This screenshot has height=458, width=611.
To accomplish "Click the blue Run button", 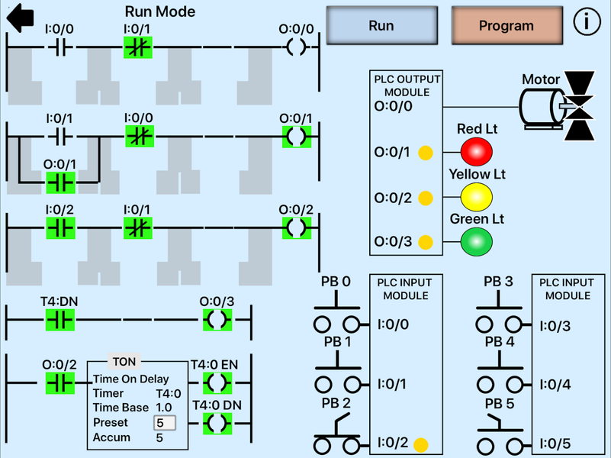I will click(x=381, y=26).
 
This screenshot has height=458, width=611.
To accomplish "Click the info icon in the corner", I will click(x=587, y=22).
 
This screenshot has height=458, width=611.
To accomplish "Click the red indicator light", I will click(x=477, y=151).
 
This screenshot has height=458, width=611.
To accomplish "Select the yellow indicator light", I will click(x=477, y=196).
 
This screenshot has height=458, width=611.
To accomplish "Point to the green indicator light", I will click(x=477, y=241).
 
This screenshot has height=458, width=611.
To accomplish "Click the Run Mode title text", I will click(x=159, y=11).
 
